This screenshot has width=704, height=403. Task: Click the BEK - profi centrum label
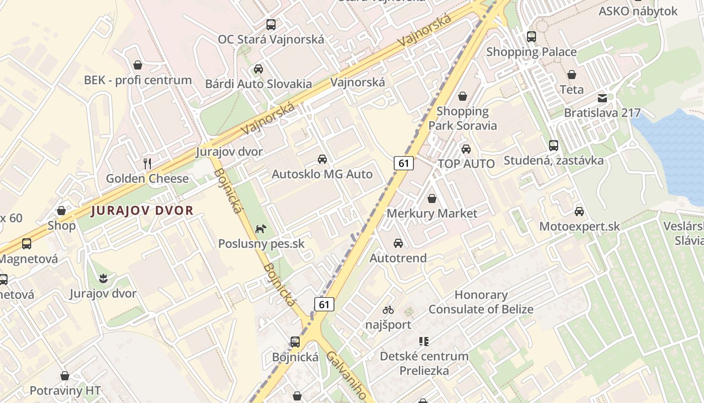pyautogui.click(x=138, y=80)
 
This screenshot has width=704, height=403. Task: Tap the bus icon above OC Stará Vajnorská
pyautogui.click(x=271, y=24)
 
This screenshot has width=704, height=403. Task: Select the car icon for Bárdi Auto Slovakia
pyautogui.click(x=258, y=69)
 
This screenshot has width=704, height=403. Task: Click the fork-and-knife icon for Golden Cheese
pyautogui.click(x=147, y=163)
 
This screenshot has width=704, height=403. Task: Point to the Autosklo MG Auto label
pyautogui.click(x=322, y=174)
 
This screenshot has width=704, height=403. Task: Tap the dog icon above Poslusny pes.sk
pyautogui.click(x=260, y=229)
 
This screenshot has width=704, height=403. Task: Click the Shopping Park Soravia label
pyautogui.click(x=463, y=118)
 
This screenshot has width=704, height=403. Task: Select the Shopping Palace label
pyautogui.click(x=531, y=52)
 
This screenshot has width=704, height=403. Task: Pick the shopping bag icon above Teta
pyautogui.click(x=572, y=75)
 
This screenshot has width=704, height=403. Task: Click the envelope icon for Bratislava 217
pyautogui.click(x=602, y=98)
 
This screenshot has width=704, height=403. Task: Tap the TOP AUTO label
pyautogui.click(x=466, y=164)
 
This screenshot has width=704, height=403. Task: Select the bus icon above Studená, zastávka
pyautogui.click(x=554, y=146)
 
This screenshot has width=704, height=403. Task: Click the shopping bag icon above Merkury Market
pyautogui.click(x=431, y=199)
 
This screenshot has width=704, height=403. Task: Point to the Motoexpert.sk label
pyautogui.click(x=579, y=227)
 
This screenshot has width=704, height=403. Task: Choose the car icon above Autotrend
pyautogui.click(x=398, y=243)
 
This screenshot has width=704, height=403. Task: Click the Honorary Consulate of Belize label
pyautogui.click(x=481, y=302)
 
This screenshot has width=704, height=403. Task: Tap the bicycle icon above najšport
pyautogui.click(x=388, y=310)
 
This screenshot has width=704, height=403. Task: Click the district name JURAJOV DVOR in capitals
pyautogui.click(x=142, y=211)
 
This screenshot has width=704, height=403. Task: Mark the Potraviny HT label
pyautogui.click(x=65, y=390)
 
